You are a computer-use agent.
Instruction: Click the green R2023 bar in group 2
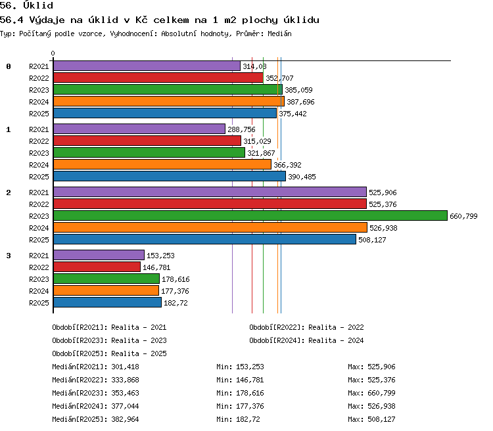(250, 215)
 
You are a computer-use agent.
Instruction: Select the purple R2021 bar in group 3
(99, 255)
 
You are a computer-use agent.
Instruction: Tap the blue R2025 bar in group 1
(170, 176)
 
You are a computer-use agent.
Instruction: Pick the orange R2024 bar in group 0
(169, 101)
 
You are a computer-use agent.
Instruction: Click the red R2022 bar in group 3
(97, 267)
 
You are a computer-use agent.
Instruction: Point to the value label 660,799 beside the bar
(463, 216)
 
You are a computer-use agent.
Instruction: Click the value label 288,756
(241, 129)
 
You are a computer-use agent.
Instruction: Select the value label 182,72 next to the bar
(176, 303)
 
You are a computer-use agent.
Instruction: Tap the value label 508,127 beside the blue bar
(372, 240)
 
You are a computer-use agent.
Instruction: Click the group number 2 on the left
(9, 193)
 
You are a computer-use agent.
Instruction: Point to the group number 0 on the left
(9, 66)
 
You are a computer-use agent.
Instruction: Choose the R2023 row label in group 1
(39, 153)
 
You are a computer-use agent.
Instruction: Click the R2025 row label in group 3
(39, 303)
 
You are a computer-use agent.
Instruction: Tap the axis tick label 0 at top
(53, 53)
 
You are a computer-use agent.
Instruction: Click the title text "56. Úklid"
(26, 5)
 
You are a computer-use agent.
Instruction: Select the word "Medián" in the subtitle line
(279, 34)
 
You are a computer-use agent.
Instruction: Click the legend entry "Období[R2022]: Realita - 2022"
(306, 328)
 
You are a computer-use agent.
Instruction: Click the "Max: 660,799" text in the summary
(371, 393)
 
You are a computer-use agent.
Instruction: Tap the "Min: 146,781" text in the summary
(240, 380)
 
